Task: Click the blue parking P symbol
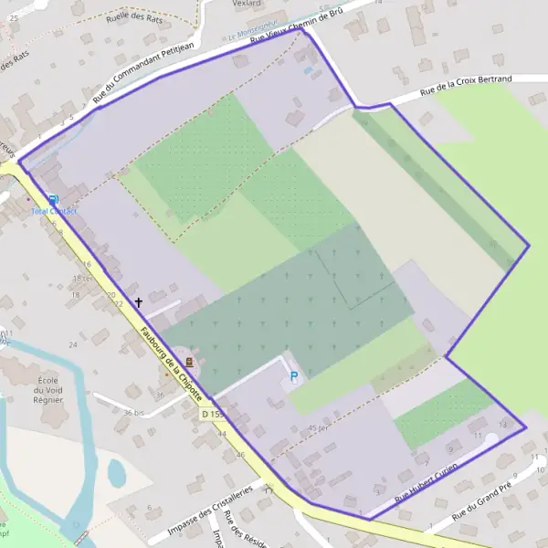294,375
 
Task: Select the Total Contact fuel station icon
53,200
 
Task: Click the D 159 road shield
212,415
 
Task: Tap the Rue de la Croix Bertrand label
466,85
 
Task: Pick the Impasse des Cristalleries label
212,514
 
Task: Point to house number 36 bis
133,413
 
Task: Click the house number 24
72,344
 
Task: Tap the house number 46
240,454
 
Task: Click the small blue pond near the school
117,472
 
